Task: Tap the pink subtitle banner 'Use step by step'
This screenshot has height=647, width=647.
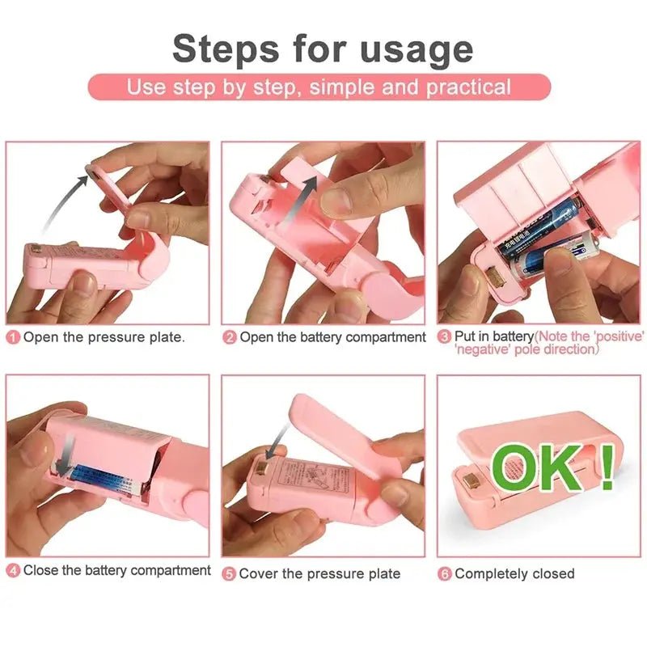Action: click(x=319, y=87)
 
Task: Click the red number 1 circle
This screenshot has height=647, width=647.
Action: click(x=14, y=337)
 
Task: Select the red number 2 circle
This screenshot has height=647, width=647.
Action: click(x=230, y=337)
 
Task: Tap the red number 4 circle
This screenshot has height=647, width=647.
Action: click(x=14, y=571)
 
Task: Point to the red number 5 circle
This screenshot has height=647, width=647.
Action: click(x=230, y=574)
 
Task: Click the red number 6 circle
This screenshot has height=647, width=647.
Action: click(x=445, y=574)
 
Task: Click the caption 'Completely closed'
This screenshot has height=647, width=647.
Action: click(x=514, y=574)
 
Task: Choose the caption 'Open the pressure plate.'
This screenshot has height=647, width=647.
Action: click(x=104, y=337)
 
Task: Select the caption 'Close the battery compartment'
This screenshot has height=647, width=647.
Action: click(x=117, y=571)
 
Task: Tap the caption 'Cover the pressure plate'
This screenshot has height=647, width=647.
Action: click(x=319, y=574)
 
